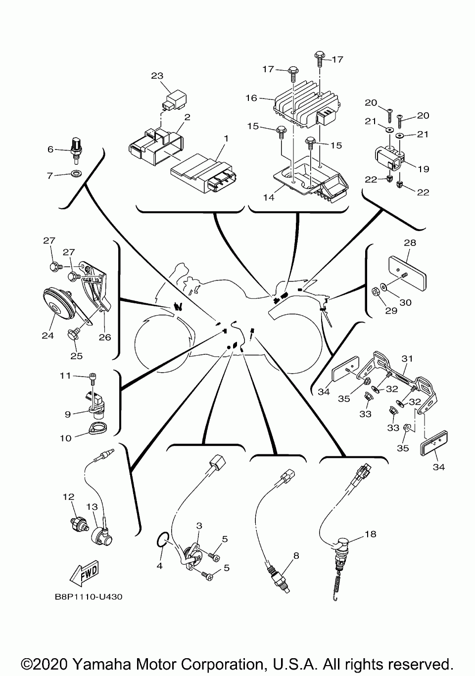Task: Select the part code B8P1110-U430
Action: coord(89,597)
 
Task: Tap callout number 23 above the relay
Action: coord(157,76)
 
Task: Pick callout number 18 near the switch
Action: coord(370,534)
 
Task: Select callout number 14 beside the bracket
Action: coord(268,197)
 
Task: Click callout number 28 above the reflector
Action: coord(410,243)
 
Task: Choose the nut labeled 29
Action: coord(376,290)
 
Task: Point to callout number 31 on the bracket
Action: coord(407,358)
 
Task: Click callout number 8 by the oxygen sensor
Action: coord(296,555)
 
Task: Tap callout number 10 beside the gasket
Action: coord(66,437)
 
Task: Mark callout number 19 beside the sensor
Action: coord(423,169)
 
